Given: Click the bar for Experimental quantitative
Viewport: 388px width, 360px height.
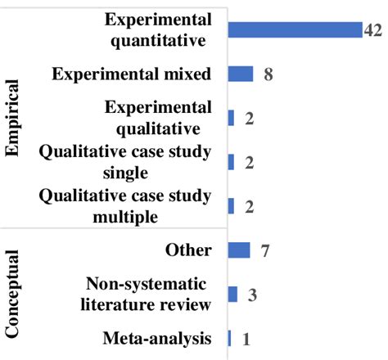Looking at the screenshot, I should (x=294, y=29).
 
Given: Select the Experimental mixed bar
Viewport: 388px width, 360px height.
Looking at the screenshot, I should (x=241, y=74).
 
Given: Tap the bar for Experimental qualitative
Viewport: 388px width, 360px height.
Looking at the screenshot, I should (x=231, y=118).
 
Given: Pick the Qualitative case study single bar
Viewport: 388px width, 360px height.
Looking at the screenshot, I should (x=231, y=162).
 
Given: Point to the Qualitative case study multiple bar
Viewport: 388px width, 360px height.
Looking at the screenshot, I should (x=231, y=206).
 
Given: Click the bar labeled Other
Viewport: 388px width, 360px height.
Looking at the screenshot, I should (x=239, y=250).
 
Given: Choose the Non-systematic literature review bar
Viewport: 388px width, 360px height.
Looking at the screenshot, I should (x=233, y=294).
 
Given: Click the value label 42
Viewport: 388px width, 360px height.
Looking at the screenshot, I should (x=374, y=30).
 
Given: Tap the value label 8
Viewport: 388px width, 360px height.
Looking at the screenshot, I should (x=268, y=75).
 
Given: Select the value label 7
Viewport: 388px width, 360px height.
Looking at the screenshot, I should (x=265, y=250).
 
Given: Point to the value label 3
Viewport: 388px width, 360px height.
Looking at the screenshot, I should (x=252, y=295).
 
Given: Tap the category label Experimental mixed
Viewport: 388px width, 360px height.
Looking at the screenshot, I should (x=131, y=74).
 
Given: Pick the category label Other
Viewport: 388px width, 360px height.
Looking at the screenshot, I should (x=187, y=250).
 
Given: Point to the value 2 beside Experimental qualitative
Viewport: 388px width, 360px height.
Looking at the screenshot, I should (x=250, y=119).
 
